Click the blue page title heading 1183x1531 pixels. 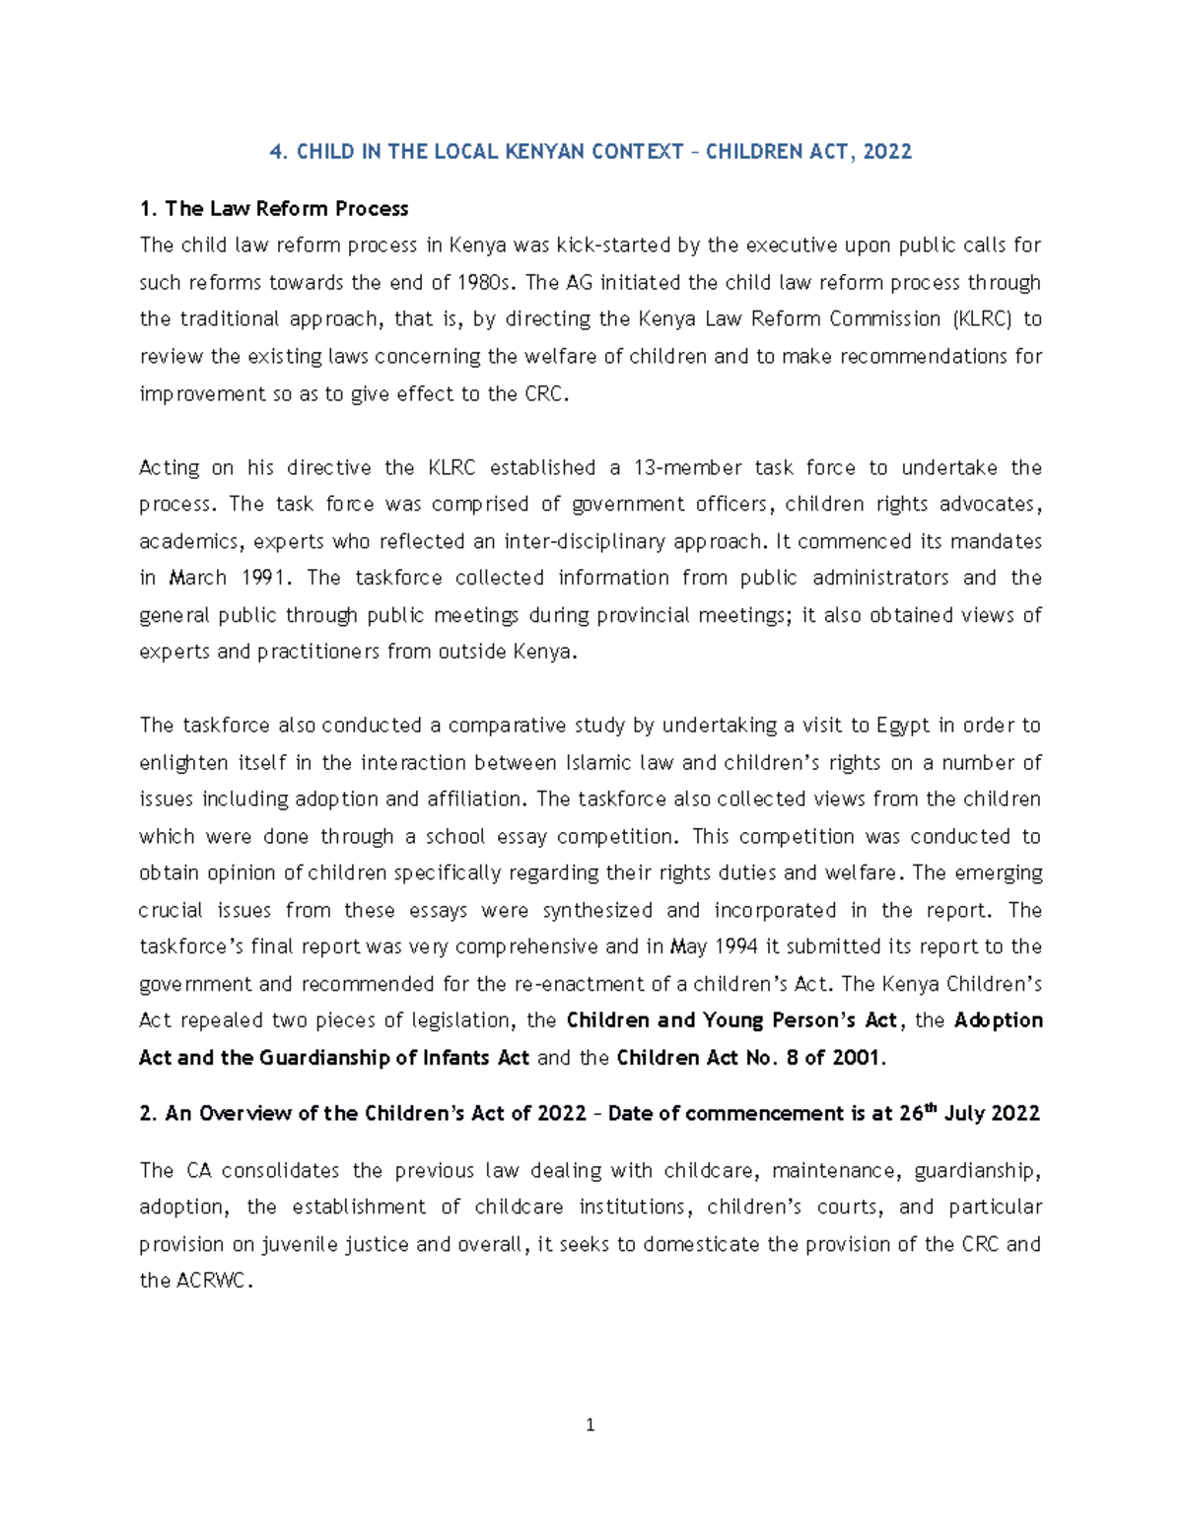[591, 152]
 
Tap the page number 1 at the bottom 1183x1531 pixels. [590, 1425]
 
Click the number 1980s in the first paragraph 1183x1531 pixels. [486, 283]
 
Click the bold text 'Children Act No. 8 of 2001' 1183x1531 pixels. [749, 1059]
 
